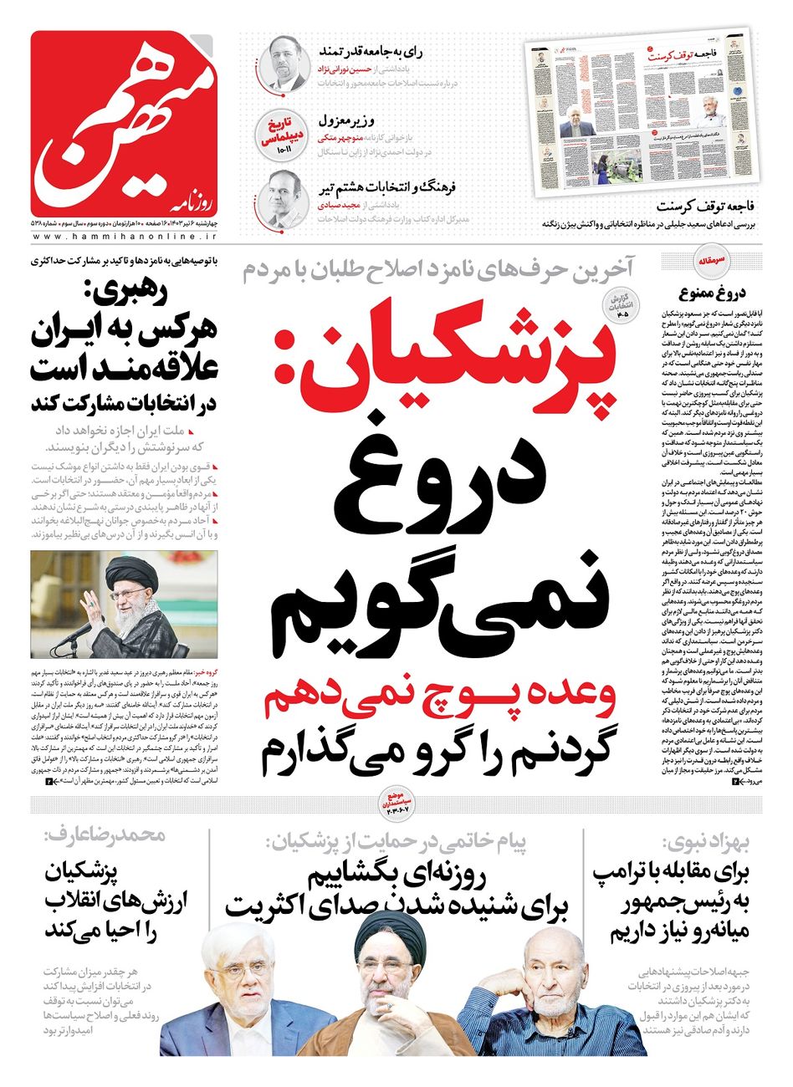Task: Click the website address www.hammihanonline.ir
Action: pyautogui.click(x=125, y=237)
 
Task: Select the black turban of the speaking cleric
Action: pyautogui.click(x=134, y=568)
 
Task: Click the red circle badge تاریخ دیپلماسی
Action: pyautogui.click(x=278, y=134)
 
